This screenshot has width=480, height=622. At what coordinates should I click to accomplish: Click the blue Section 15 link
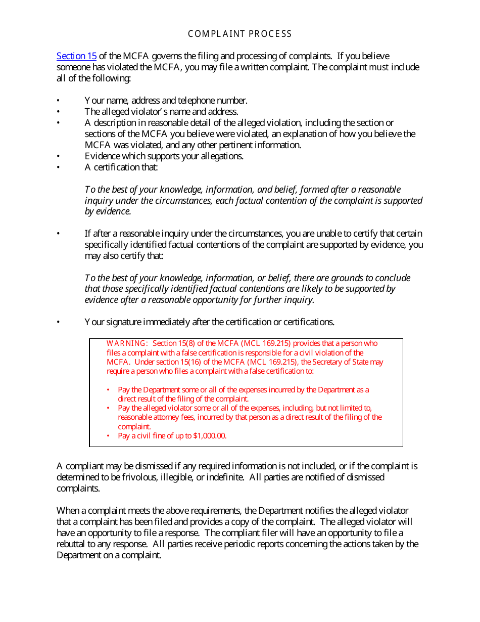[76, 56]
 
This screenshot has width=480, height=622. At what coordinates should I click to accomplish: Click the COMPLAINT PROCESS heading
[240, 34]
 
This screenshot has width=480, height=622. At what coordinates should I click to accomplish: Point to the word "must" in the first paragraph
[379, 67]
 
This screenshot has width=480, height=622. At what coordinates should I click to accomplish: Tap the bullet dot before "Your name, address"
[58, 101]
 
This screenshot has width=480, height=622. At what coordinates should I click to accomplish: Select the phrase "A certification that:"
[121, 167]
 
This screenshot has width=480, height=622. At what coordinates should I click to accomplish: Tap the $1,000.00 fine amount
[210, 436]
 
